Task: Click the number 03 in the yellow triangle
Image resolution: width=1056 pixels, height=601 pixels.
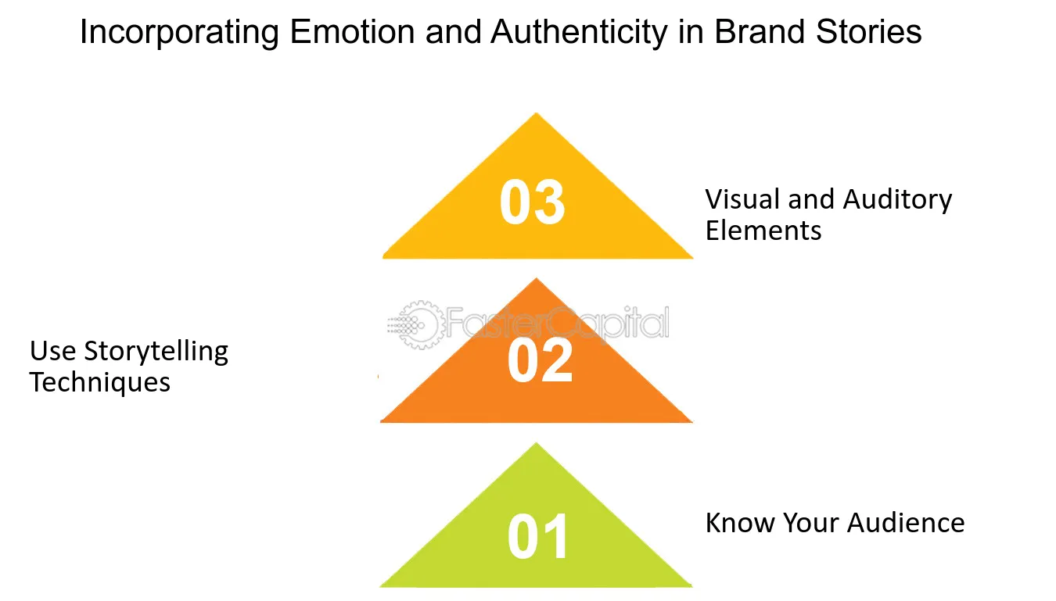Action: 532,202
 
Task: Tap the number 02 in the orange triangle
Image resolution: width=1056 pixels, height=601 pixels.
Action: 540,361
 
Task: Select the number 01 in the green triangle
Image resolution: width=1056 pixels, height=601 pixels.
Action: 537,536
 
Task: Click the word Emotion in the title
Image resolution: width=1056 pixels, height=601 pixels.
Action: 352,32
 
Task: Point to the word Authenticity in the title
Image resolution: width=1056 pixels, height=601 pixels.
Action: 580,33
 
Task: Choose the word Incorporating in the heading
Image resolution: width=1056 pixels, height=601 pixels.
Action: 180,33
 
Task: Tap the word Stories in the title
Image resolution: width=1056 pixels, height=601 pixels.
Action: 868,32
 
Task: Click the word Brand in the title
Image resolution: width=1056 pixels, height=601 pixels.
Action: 760,32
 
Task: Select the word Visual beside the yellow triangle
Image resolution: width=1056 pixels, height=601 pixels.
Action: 742,199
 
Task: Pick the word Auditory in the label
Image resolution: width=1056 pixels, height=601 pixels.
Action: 898,201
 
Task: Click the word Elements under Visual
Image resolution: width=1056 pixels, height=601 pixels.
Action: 763,231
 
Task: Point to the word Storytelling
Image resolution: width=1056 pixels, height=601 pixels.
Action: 156,352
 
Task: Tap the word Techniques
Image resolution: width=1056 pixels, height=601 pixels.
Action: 99,382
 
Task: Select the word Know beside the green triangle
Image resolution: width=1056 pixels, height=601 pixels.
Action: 739,523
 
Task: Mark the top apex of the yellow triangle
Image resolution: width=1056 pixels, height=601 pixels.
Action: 536,113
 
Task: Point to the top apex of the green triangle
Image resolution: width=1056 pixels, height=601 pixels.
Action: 536,443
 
